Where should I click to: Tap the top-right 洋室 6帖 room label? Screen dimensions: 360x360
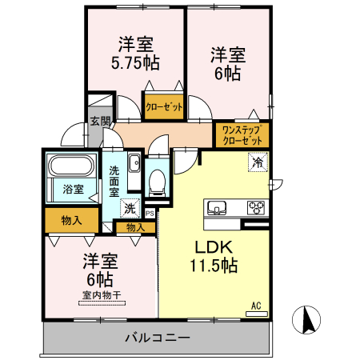[227, 64]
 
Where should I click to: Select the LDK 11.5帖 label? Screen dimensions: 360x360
[212, 256]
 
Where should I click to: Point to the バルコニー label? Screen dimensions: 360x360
[157, 338]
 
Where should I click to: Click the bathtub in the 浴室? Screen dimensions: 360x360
[73, 167]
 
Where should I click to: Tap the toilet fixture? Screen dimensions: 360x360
[157, 180]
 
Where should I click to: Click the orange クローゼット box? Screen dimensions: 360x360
[164, 106]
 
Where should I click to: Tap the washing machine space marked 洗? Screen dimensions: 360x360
[130, 208]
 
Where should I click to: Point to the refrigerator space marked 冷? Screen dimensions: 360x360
[258, 162]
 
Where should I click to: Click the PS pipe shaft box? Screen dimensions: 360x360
[150, 213]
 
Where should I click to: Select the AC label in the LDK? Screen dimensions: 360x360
[256, 306]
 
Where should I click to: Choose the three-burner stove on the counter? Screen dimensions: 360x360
[257, 208]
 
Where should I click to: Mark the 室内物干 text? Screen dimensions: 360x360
[100, 294]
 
